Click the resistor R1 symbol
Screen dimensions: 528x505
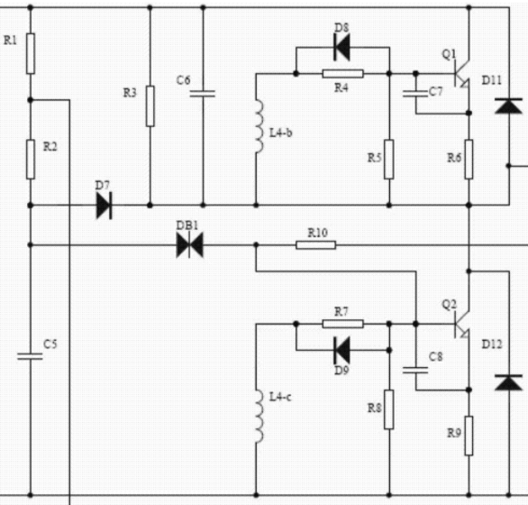pyautogui.click(x=31, y=53)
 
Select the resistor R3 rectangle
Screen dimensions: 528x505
pyautogui.click(x=150, y=106)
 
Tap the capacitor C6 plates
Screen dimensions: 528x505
pyautogui.click(x=203, y=94)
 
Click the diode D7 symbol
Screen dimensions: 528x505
pyautogui.click(x=104, y=206)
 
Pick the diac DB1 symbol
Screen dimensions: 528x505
pyautogui.click(x=189, y=245)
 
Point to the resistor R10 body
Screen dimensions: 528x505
pyautogui.click(x=316, y=245)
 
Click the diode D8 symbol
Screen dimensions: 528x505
pyautogui.click(x=341, y=47)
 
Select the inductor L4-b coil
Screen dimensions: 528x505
pyautogui.click(x=259, y=126)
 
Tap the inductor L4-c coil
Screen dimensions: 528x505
pyautogui.click(x=259, y=417)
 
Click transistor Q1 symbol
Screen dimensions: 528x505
pyautogui.click(x=462, y=73)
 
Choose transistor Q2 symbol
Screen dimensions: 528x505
pyautogui.click(x=462, y=324)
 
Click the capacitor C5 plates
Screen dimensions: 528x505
pyautogui.click(x=30, y=356)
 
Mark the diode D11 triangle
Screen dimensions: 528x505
pyautogui.click(x=509, y=106)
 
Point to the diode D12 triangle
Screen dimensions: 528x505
pyautogui.click(x=509, y=382)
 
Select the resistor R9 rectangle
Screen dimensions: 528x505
pyautogui.click(x=469, y=436)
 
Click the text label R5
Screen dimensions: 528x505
pyautogui.click(x=374, y=158)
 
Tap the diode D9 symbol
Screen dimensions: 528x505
pyautogui.click(x=341, y=350)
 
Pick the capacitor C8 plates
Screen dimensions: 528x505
pyautogui.click(x=415, y=370)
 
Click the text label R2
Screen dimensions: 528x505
pyautogui.click(x=50, y=146)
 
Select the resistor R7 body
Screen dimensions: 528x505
pyautogui.click(x=342, y=324)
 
